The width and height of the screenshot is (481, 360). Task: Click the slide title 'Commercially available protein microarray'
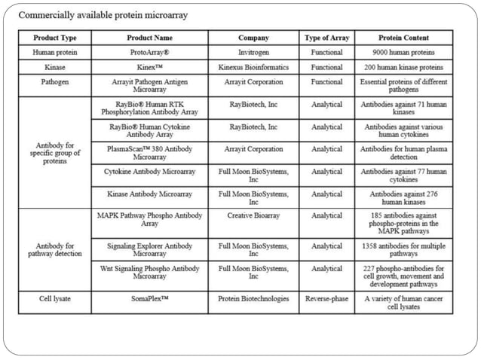pyautogui.click(x=103, y=15)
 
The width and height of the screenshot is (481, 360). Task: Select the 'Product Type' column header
pyautogui.click(x=55, y=38)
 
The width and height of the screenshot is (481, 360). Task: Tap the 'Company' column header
pyautogui.click(x=253, y=38)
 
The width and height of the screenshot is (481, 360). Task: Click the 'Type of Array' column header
pyautogui.click(x=326, y=38)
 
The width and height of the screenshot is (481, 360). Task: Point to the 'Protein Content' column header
pyautogui.click(x=403, y=38)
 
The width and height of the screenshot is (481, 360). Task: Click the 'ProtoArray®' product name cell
pyautogui.click(x=149, y=53)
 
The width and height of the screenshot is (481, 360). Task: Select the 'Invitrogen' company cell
pyautogui.click(x=253, y=53)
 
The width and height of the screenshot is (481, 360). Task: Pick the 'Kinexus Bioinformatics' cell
pyautogui.click(x=253, y=67)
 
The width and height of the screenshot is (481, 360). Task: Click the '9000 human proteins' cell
pyautogui.click(x=403, y=53)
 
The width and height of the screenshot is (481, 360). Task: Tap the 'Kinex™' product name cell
pyautogui.click(x=149, y=67)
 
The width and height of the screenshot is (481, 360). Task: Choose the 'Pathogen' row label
pyautogui.click(x=55, y=81)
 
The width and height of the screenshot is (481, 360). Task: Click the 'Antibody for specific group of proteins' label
pyautogui.click(x=55, y=153)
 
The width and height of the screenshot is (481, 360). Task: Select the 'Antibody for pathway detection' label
pyautogui.click(x=55, y=249)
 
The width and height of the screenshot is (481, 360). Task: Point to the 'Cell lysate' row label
pyautogui.click(x=55, y=298)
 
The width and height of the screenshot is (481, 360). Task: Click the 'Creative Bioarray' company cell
pyautogui.click(x=253, y=215)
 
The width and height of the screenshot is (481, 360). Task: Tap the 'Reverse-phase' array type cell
pyautogui.click(x=326, y=298)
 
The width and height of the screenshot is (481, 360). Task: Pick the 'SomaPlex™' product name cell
pyautogui.click(x=149, y=298)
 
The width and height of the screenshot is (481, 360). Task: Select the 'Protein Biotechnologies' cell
pyautogui.click(x=253, y=298)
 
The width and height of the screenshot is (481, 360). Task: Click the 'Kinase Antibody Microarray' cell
pyautogui.click(x=149, y=194)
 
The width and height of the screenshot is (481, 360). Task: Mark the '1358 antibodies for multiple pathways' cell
pyautogui.click(x=403, y=249)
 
